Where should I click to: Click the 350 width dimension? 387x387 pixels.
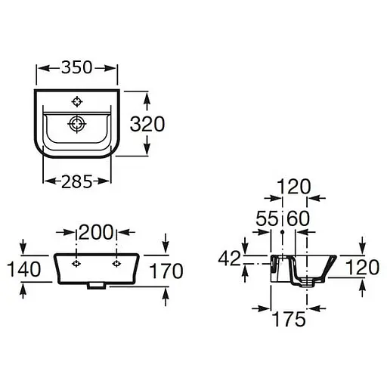click(x=77, y=67)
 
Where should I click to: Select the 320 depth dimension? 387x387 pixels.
click(x=147, y=124)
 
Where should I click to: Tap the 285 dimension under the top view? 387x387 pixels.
click(x=77, y=181)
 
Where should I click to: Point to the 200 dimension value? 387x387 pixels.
click(x=96, y=232)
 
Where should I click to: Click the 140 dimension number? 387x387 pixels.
click(x=23, y=269)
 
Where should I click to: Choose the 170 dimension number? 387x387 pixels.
click(x=166, y=271)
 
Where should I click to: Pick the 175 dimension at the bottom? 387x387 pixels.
click(x=289, y=319)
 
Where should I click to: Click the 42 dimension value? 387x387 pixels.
click(x=229, y=259)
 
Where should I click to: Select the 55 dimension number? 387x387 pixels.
click(x=267, y=218)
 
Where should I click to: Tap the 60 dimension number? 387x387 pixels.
click(x=298, y=218)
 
